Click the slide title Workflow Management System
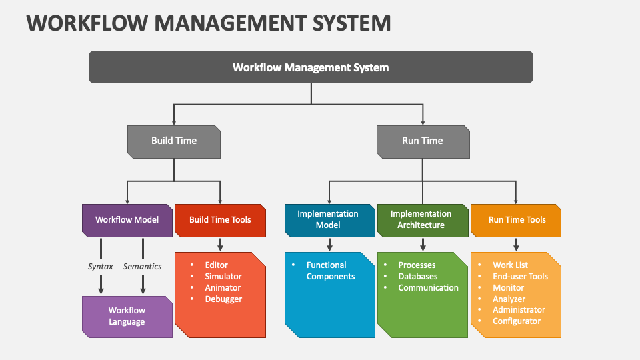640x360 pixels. tap(208, 23)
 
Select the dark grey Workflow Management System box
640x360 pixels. tap(311, 67)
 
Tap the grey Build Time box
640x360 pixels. tap(174, 141)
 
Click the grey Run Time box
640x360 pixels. tap(423, 141)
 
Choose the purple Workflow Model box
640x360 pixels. tap(127, 219)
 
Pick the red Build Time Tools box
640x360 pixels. tap(220, 219)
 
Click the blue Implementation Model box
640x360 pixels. tap(328, 219)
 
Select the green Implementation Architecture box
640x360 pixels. tap(421, 219)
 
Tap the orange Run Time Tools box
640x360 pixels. tap(517, 219)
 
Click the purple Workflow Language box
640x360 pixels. tap(127, 316)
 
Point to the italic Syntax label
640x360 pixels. tap(101, 266)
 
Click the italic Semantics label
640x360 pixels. tap(142, 266)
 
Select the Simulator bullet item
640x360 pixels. tap(223, 276)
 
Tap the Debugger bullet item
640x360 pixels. tap(223, 299)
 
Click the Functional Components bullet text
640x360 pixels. tap(331, 271)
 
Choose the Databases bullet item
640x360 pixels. tap(418, 276)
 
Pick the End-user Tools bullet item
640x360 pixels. tap(520, 276)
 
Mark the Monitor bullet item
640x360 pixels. tap(509, 287)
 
